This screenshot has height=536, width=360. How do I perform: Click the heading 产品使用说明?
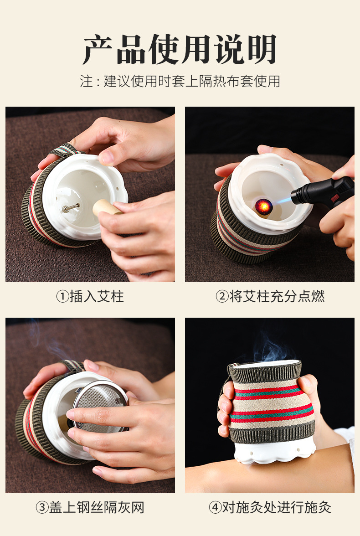(180, 49)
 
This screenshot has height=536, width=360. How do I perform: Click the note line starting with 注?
(180, 81)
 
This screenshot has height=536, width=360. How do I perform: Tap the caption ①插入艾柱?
(90, 296)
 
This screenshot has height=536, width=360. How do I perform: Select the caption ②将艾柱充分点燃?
(270, 296)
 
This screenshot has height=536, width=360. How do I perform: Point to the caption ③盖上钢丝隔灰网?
(90, 507)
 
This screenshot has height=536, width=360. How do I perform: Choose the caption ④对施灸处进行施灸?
(270, 507)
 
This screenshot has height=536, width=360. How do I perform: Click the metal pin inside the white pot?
(71, 207)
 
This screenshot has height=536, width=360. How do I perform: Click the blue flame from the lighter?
(282, 201)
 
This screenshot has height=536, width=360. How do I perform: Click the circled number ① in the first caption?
(62, 296)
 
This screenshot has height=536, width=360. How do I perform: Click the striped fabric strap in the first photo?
(66, 150)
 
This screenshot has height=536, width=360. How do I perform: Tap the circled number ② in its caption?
(222, 296)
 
